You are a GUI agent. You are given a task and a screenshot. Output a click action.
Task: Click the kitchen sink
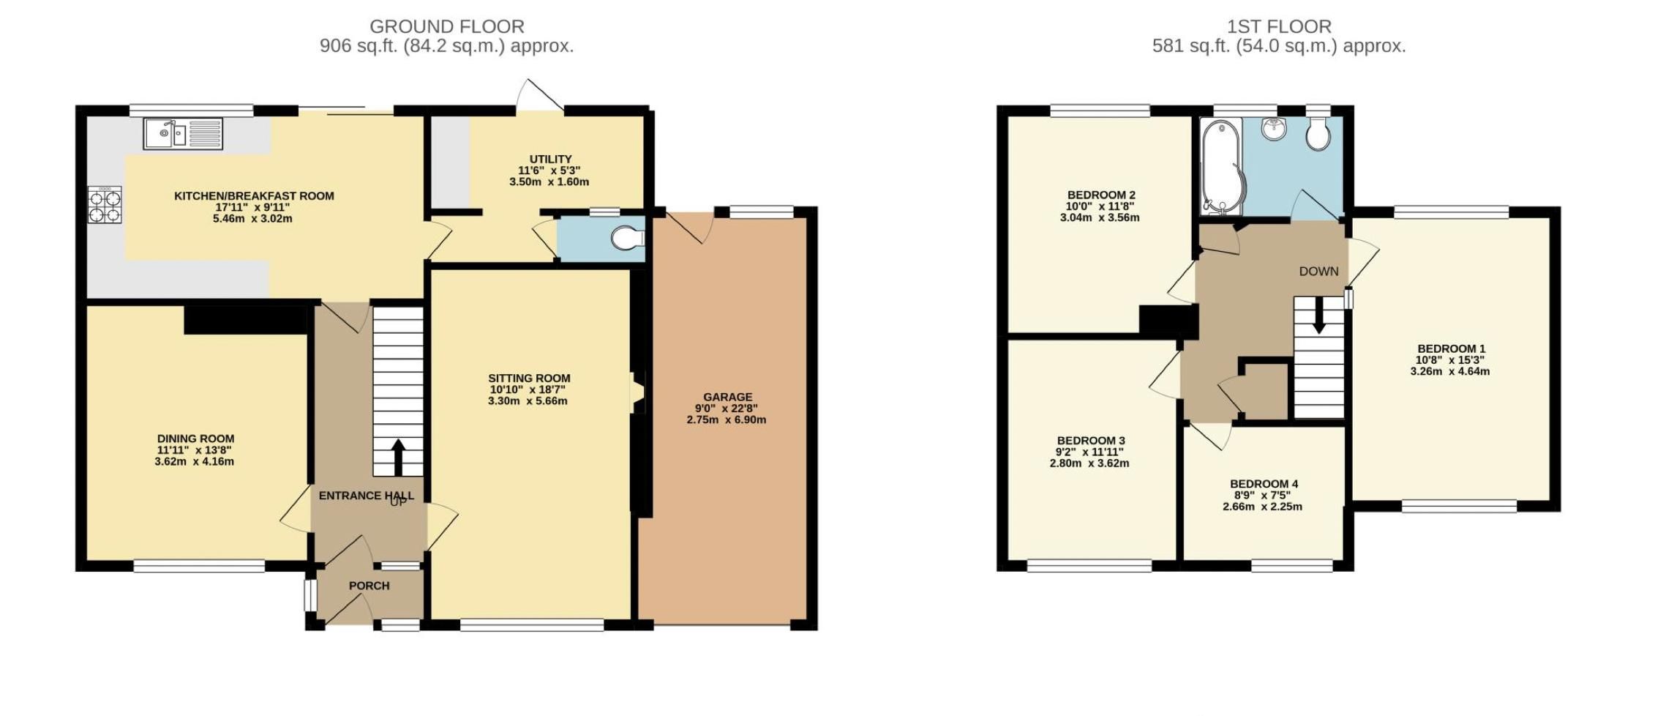click(184, 134)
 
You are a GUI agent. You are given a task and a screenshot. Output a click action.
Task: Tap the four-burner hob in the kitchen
click(105, 205)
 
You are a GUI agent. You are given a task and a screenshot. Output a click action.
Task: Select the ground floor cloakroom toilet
click(628, 238)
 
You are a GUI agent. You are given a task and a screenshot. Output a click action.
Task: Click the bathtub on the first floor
click(1220, 168)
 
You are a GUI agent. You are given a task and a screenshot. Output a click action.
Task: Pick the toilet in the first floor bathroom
click(1318, 134)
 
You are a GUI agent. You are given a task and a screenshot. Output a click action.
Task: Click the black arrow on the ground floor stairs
click(398, 458)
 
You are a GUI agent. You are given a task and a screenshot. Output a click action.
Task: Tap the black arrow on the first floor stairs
click(1318, 315)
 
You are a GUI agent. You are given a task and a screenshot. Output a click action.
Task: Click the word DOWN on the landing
click(1318, 272)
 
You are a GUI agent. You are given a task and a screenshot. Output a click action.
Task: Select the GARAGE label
click(727, 398)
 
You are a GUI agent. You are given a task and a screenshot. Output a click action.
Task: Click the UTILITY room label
click(550, 159)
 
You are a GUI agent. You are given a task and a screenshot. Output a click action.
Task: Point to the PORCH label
click(369, 586)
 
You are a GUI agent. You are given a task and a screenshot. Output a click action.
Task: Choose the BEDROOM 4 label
click(1264, 484)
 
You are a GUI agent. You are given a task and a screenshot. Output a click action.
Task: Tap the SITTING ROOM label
click(529, 378)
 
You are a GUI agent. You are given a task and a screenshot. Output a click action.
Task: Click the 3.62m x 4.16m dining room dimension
click(195, 462)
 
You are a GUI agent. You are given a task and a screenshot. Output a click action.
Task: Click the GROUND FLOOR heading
click(446, 26)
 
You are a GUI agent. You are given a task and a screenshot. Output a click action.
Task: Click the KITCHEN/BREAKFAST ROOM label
click(254, 196)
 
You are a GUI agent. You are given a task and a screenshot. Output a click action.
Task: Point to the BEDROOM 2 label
click(1100, 195)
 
